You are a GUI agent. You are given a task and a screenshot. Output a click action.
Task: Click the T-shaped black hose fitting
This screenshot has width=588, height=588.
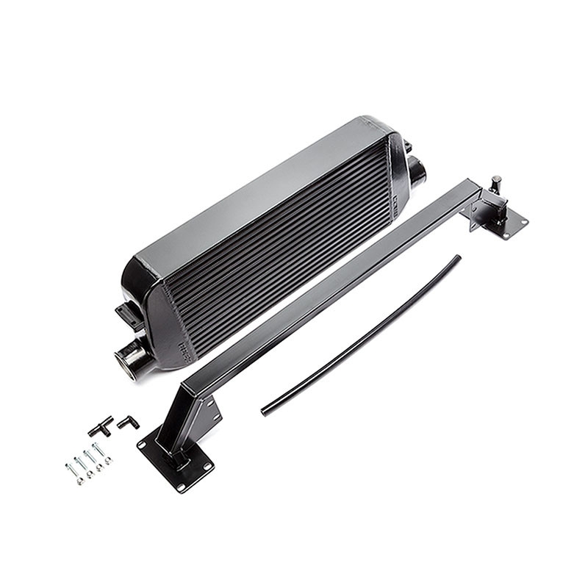tap(100, 425)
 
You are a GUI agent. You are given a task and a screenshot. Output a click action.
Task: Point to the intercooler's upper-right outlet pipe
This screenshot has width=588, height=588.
tap(417, 173)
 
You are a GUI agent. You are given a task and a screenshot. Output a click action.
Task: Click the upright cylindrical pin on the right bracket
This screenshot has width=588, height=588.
tap(496, 184)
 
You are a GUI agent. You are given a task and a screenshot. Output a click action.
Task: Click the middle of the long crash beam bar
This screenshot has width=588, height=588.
tap(331, 287)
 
